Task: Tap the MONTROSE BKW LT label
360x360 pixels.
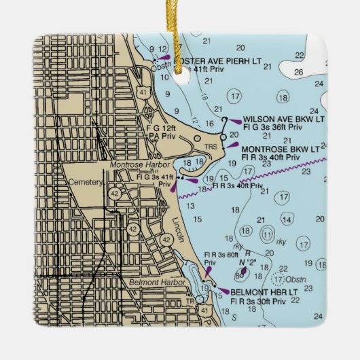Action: [281, 149]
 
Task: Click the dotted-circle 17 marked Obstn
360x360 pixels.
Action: [278, 278]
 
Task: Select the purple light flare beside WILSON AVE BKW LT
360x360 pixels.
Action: [235, 122]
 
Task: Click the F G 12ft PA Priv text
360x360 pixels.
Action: [161, 131]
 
